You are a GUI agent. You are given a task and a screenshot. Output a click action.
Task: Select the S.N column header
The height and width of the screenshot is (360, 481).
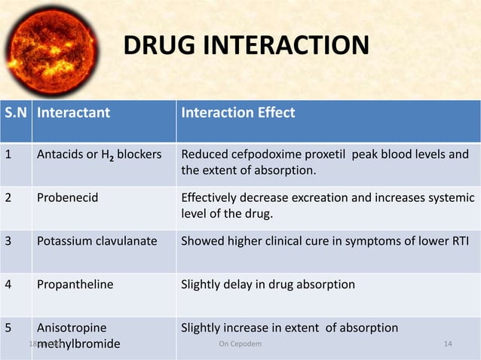(x=15, y=114)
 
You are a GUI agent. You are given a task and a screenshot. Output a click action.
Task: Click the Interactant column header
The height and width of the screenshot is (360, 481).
(x=74, y=114)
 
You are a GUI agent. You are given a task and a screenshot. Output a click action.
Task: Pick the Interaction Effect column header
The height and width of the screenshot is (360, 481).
(x=238, y=114)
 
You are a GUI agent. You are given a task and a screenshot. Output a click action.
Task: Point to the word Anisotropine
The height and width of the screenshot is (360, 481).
(x=72, y=328)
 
